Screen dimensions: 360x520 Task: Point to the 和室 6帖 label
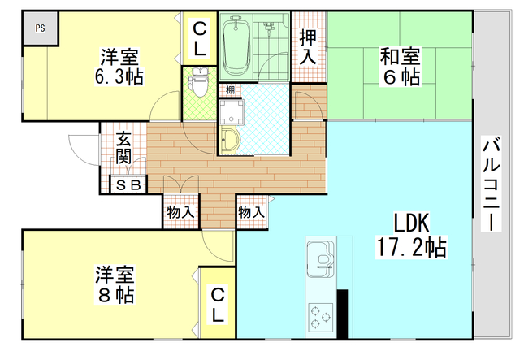[x=401, y=67]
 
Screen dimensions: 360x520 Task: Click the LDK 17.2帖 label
[x=410, y=235]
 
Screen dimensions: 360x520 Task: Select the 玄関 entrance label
[x=123, y=147]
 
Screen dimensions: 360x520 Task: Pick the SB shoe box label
[x=128, y=185]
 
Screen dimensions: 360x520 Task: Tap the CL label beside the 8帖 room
[x=219, y=303]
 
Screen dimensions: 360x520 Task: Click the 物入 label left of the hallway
[x=180, y=212]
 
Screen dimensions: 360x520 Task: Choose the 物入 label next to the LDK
[x=251, y=212]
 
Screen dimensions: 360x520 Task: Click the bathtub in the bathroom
[x=238, y=46]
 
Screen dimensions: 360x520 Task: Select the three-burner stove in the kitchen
[x=320, y=313]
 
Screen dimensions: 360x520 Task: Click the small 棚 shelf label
[x=231, y=89]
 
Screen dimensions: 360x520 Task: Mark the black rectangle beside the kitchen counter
[x=342, y=312]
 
